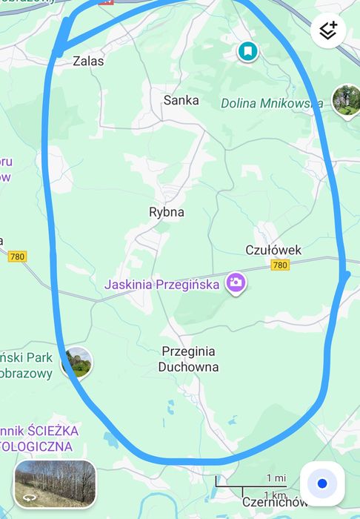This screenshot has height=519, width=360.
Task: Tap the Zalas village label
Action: pos(88,62)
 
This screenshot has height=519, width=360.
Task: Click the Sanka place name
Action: pos(181,100)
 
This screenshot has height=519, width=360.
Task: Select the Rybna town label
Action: pos(167,212)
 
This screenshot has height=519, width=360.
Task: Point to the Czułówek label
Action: pos(273,250)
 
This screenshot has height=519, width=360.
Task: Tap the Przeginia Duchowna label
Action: pos(187,359)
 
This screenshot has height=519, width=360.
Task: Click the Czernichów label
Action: pos(274,503)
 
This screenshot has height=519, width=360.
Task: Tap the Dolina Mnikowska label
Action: pos(271,103)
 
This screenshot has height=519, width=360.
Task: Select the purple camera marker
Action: pos(236,282)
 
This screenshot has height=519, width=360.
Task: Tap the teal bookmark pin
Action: pos(247,51)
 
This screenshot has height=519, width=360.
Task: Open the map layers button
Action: pos(328,30)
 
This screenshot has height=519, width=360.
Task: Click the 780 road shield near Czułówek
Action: pos(280,265)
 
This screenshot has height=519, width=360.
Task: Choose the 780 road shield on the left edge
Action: pos(18,257)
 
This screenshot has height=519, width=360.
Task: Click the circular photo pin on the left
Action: pos(77,363)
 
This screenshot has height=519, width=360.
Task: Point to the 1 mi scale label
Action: pos(276,478)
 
